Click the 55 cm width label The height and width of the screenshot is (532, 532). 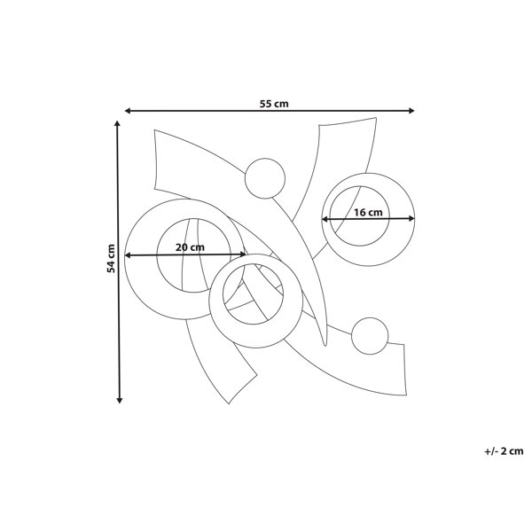[x=274, y=104]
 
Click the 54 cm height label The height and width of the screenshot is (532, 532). [x=111, y=258]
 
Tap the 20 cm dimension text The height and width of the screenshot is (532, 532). [x=190, y=247]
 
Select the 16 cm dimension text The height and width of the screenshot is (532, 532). [x=368, y=213]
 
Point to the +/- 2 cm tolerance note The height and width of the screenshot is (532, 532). [x=504, y=451]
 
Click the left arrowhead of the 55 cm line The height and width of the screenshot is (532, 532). [x=128, y=111]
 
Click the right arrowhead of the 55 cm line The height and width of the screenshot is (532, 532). [x=411, y=111]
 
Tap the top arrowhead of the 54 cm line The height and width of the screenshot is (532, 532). [x=117, y=123]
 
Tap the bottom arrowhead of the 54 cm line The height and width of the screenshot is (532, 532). [x=119, y=401]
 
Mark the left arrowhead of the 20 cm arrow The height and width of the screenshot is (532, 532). [x=128, y=255]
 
